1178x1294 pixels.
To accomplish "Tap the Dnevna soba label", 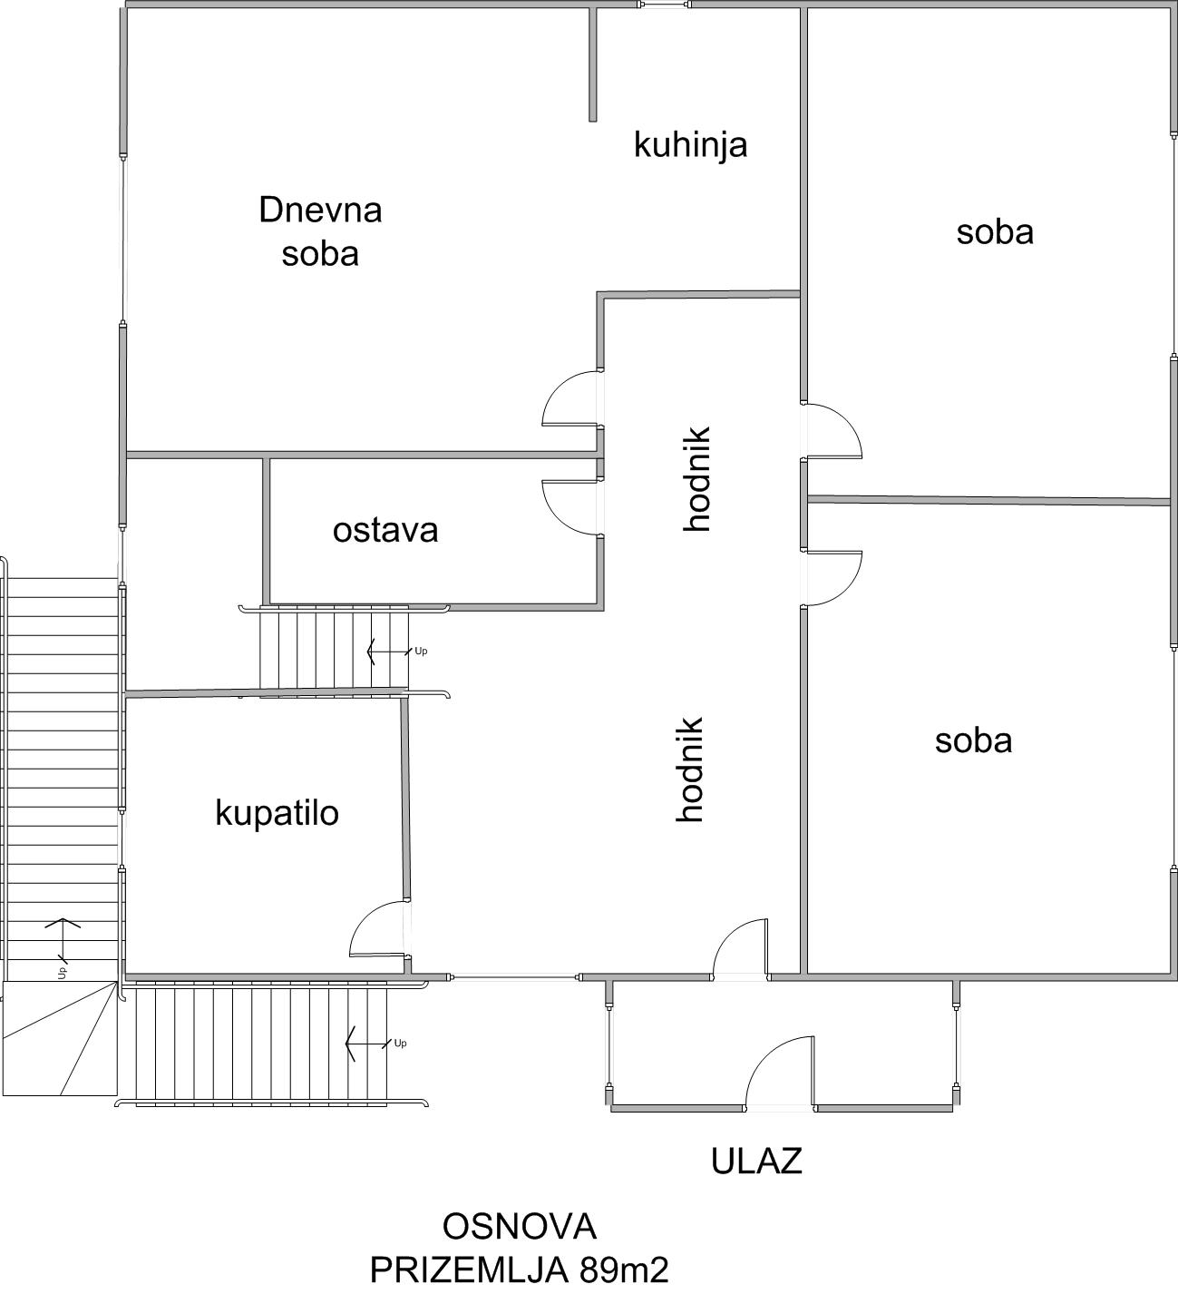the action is coord(320,231).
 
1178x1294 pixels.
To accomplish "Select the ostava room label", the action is coord(385,531).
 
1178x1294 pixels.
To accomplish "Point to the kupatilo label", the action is coord(277,813).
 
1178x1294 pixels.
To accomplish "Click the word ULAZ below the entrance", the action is coord(756,1162).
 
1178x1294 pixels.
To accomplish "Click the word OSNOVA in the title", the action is coord(520,1227).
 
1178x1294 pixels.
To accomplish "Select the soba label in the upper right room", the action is coord(995,232).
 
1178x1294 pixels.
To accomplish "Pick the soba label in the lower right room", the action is coord(974,741).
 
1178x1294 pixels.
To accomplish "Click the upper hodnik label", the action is coord(696,478).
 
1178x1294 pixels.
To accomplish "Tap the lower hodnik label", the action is coord(689,770).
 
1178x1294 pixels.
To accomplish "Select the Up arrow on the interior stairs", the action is coord(389,652).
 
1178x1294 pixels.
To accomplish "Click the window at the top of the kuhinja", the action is coord(664,5).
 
